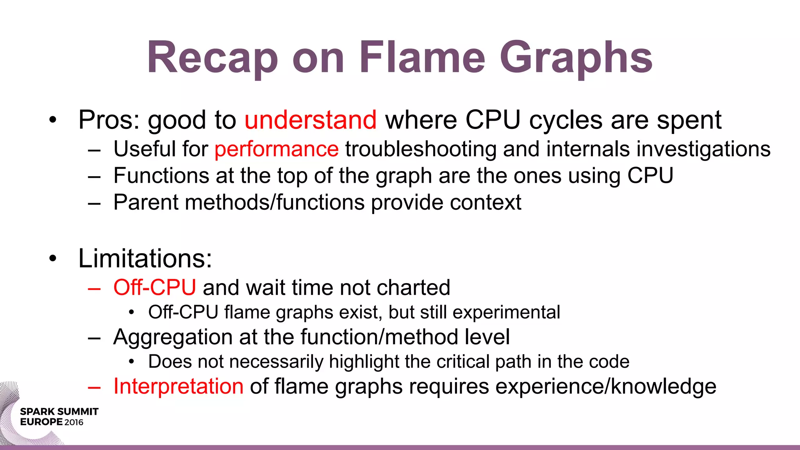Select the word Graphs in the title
pos(576,59)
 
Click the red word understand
pos(311,120)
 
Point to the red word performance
pos(277,150)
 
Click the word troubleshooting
pos(421,150)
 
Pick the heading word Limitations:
pos(145,259)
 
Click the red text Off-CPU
pos(155,288)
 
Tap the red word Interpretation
pos(179,387)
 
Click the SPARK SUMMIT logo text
pos(59,412)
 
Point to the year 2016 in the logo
pos(74,422)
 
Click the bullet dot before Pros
pos(53,120)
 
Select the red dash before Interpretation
pos(94,387)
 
